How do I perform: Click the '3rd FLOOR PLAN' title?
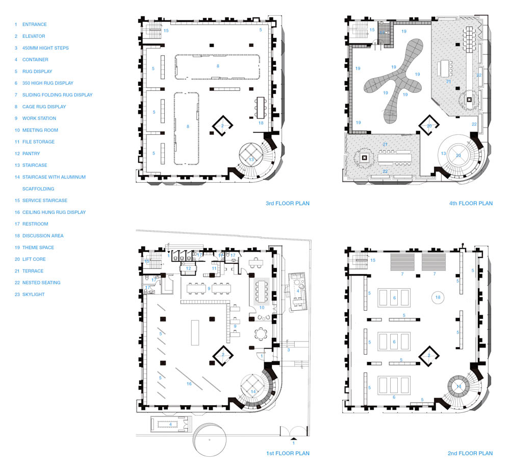pyautogui.click(x=288, y=204)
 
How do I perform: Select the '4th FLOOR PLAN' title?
pyautogui.click(x=471, y=204)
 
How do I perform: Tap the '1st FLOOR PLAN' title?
pyautogui.click(x=288, y=453)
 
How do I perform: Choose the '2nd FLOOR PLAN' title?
pyautogui.click(x=470, y=453)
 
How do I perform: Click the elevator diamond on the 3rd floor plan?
pyautogui.click(x=222, y=126)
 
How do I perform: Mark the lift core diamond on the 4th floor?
pyautogui.click(x=429, y=126)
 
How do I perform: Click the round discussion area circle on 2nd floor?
pyautogui.click(x=438, y=297)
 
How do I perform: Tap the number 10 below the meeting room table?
pyautogui.click(x=262, y=308)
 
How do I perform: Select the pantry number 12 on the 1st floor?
pyautogui.click(x=188, y=268)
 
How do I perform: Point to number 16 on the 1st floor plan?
pyautogui.click(x=189, y=384)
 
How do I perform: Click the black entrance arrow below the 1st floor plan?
pyautogui.click(x=293, y=438)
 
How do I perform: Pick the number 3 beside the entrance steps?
pyautogui.click(x=289, y=350)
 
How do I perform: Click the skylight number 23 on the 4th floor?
pyautogui.click(x=458, y=156)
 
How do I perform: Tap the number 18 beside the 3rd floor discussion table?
pyautogui.click(x=261, y=123)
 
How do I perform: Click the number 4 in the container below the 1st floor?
pyautogui.click(x=170, y=425)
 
